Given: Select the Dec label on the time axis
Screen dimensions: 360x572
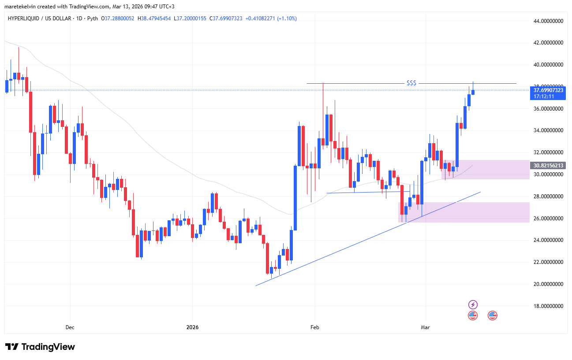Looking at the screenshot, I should [x=70, y=327].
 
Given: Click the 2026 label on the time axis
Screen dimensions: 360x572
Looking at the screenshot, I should [x=192, y=327].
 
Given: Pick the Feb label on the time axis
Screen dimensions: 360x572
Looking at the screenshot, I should [x=314, y=327].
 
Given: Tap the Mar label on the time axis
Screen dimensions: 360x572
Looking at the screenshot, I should [x=425, y=327].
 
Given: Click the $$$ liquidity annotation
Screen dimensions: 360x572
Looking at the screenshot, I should [x=411, y=83].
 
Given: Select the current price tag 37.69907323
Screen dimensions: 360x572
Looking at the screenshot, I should [x=548, y=90].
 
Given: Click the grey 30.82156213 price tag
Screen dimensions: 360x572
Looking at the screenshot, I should [x=548, y=166].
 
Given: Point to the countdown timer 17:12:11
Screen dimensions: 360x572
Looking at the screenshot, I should [x=544, y=96].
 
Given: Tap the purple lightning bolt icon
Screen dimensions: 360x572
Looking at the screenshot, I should [x=473, y=304].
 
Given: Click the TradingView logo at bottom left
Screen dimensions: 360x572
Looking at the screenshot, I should [x=40, y=347].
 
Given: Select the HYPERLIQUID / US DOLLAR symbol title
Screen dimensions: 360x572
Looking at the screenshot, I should [x=45, y=19].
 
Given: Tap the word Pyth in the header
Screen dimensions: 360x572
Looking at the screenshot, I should [x=93, y=19].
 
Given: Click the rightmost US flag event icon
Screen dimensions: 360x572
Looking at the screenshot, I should [x=492, y=315].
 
